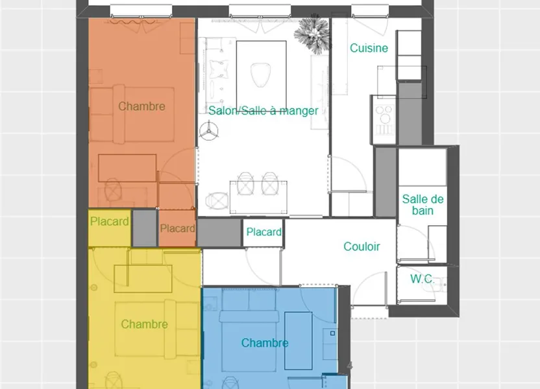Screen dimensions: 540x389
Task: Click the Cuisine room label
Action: click(369, 48)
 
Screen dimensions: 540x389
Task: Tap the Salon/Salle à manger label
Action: click(264, 111)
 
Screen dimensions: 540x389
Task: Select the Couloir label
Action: click(362, 246)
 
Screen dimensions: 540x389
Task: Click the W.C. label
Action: click(423, 279)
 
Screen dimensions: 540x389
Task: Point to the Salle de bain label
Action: click(423, 205)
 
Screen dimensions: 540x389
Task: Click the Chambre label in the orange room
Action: click(141, 106)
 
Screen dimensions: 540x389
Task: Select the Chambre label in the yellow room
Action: click(144, 324)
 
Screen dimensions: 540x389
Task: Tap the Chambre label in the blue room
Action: click(265, 342)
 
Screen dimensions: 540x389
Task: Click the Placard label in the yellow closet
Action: click(110, 222)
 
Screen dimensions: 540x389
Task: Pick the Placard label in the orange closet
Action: click(177, 228)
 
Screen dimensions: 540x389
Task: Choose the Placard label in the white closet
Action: click(264, 232)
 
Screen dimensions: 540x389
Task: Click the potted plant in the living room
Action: click(313, 34)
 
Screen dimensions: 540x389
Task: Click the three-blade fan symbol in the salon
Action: click(209, 131)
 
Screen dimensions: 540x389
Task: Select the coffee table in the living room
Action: click(262, 71)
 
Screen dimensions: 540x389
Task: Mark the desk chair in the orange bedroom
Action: click(114, 189)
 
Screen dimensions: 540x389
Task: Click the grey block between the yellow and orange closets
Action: click(145, 228)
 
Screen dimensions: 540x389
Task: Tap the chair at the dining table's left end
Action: click(217, 200)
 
